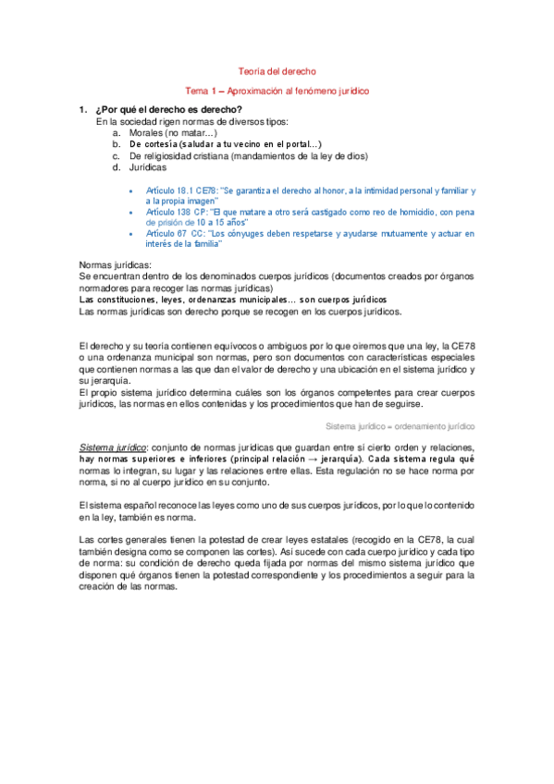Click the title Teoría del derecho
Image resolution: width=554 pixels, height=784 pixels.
(x=277, y=71)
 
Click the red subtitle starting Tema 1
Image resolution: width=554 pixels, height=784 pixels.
(x=277, y=92)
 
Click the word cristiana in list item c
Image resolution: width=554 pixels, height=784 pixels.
(x=210, y=156)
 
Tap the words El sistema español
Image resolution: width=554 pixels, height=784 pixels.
(x=115, y=507)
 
